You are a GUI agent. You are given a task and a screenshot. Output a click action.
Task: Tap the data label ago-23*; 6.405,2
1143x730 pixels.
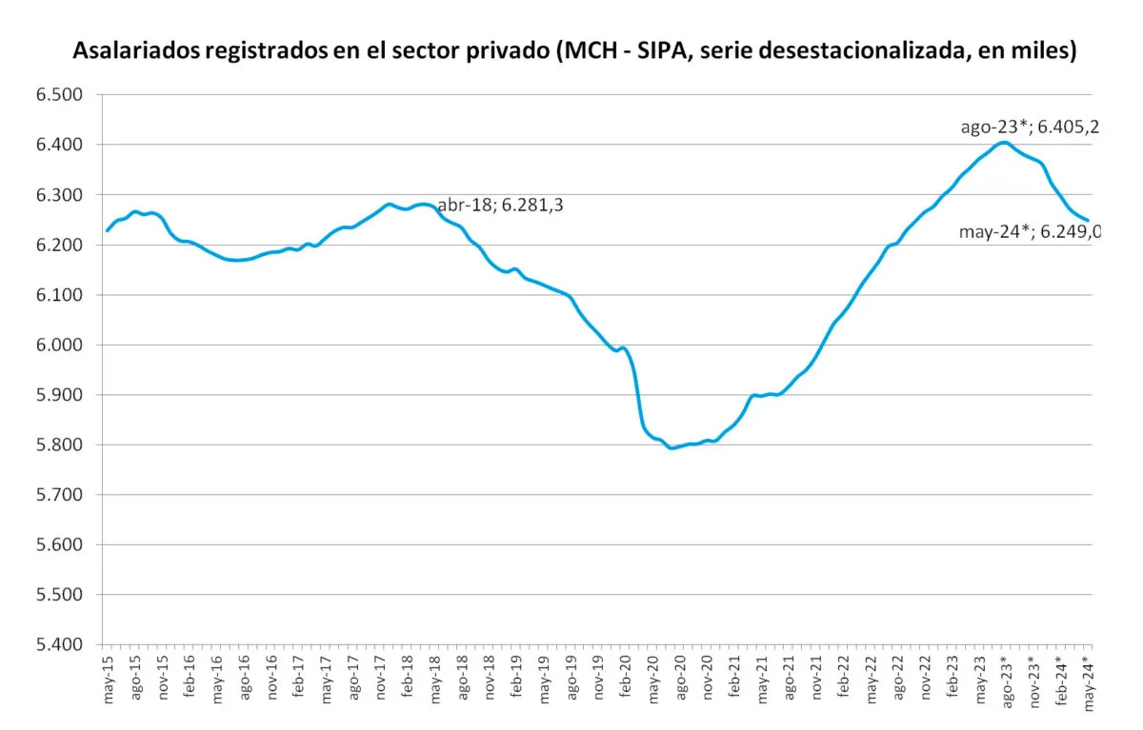(1030, 127)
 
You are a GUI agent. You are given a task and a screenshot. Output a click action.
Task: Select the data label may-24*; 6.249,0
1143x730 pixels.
(1030, 230)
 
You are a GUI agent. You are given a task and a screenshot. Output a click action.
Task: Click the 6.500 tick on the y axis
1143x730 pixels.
(61, 94)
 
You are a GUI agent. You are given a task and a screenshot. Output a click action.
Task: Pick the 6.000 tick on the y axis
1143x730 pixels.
(61, 345)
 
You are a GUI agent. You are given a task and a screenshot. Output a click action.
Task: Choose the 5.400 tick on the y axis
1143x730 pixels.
(61, 644)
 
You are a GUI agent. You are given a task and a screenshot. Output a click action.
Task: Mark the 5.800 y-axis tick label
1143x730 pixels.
(61, 444)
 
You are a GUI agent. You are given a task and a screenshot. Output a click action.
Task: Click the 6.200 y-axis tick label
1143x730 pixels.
(61, 245)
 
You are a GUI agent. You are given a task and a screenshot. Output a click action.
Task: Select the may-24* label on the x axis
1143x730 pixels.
(1087, 682)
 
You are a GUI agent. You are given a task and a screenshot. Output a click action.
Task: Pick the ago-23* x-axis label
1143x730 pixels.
(1006, 682)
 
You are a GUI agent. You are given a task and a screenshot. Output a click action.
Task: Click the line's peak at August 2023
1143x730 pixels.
(1003, 143)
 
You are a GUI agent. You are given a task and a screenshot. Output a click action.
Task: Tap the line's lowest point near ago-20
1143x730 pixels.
(672, 447)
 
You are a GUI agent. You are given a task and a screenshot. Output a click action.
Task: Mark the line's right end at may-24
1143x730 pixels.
(1088, 221)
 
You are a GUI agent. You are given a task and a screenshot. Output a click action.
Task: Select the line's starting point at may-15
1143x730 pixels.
(107, 230)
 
